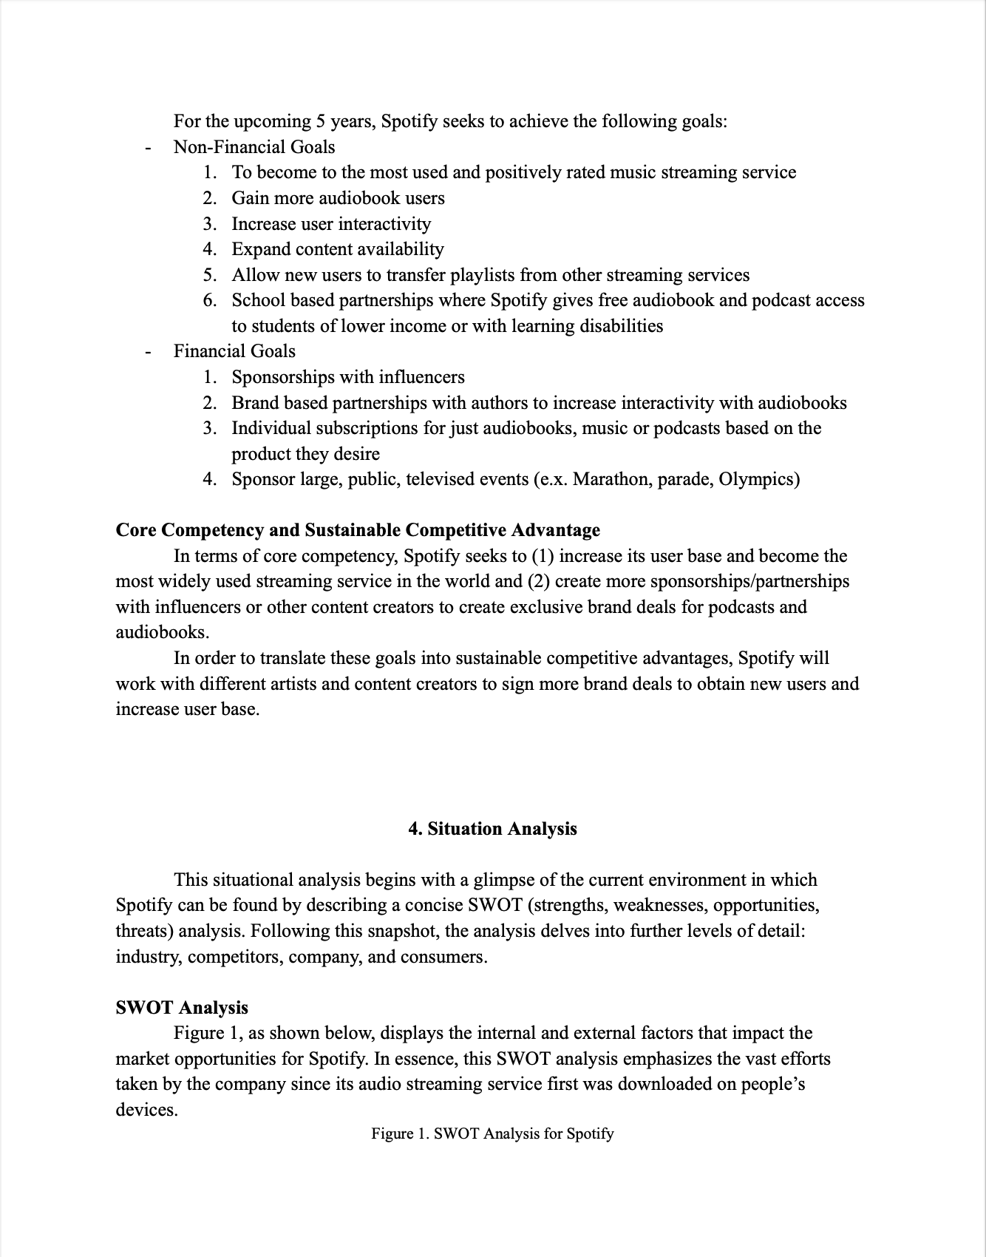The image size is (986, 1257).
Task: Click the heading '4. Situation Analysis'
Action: click(x=492, y=829)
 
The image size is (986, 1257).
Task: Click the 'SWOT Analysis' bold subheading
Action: click(x=182, y=1008)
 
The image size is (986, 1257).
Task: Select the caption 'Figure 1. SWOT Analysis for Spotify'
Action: click(x=492, y=1134)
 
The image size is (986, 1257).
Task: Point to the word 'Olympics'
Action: click(x=758, y=479)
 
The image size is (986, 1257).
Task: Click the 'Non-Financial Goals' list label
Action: click(x=254, y=147)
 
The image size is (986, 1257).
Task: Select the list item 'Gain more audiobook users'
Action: click(x=338, y=198)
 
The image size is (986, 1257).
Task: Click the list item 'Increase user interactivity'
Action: click(x=331, y=224)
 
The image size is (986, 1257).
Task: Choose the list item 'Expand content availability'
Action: click(x=338, y=249)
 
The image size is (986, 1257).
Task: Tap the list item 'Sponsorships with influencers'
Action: click(x=348, y=377)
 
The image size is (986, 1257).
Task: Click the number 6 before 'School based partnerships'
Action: click(x=210, y=300)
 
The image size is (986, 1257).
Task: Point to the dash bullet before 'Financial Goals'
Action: click(x=149, y=352)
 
